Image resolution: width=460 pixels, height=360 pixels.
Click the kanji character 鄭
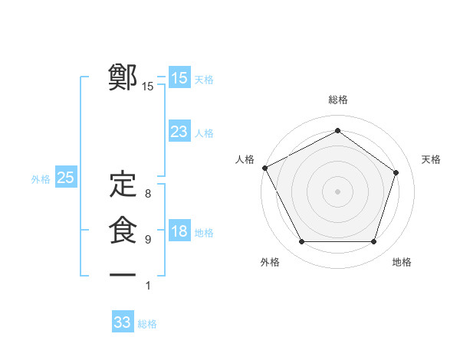click(123, 78)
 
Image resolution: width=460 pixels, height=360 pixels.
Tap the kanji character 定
click(123, 185)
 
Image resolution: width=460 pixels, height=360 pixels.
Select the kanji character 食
click(123, 231)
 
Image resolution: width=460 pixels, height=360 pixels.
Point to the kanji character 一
click(123, 274)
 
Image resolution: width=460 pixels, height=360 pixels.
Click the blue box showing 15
click(179, 78)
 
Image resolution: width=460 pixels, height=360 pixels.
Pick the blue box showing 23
click(179, 132)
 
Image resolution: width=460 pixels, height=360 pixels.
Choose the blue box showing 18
click(179, 231)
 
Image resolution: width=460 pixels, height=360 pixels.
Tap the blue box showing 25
click(66, 178)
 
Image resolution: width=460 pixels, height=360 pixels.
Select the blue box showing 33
click(123, 322)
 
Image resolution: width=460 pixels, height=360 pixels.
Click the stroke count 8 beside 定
click(147, 194)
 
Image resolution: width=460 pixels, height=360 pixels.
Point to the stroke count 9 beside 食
click(147, 240)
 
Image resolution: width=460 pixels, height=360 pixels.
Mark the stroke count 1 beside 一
click(147, 286)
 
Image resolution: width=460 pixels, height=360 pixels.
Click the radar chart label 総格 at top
click(338, 100)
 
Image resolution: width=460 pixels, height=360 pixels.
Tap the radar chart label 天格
click(432, 159)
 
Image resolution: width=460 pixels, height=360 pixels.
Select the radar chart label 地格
click(402, 262)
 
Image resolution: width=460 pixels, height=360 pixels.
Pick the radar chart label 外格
click(270, 262)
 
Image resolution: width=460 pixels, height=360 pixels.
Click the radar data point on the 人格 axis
click(264, 167)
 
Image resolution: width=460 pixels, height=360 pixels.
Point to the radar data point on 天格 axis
click(396, 172)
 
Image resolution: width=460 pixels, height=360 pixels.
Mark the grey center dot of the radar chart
click(338, 191)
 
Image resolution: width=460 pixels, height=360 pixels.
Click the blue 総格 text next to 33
click(147, 324)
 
